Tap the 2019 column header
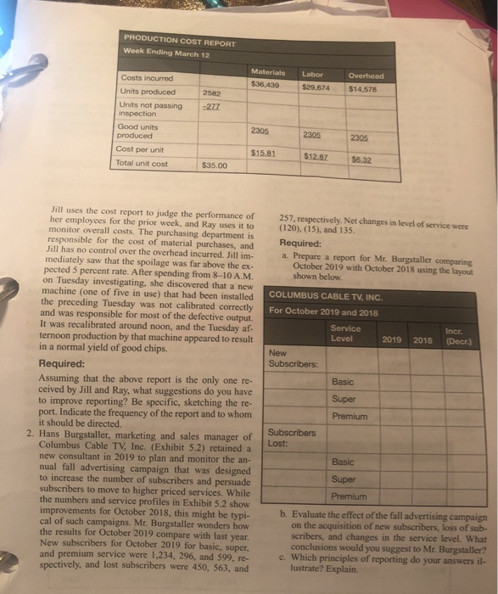tap(391, 339)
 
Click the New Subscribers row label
tap(289, 359)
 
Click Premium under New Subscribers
tap(350, 417)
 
